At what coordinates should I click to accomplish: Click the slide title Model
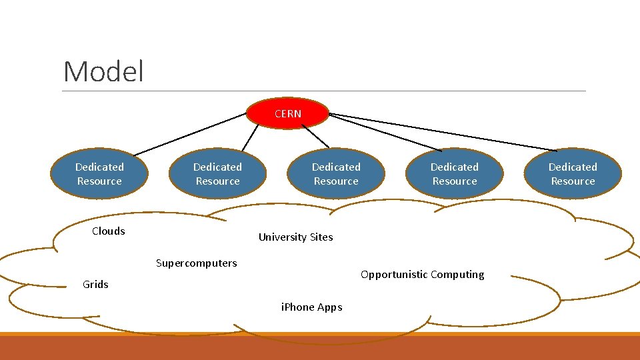pyautogui.click(x=103, y=71)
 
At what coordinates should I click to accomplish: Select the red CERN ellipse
pyautogui.click(x=287, y=113)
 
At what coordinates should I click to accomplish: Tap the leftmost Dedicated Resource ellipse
pyautogui.click(x=99, y=173)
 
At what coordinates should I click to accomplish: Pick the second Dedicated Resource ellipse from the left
pyautogui.click(x=217, y=173)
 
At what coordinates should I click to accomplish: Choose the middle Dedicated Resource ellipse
pyautogui.click(x=336, y=173)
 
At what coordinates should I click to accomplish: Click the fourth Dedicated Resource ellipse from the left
pyautogui.click(x=454, y=173)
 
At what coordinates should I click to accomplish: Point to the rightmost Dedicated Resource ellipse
pyautogui.click(x=573, y=173)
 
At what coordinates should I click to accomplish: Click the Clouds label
pyautogui.click(x=109, y=231)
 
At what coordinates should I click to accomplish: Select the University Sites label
pyautogui.click(x=295, y=237)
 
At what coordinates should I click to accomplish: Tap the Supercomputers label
pyautogui.click(x=196, y=263)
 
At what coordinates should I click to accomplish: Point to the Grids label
pyautogui.click(x=95, y=285)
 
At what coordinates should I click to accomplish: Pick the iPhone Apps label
pyautogui.click(x=311, y=307)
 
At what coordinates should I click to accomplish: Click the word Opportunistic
pyautogui.click(x=394, y=275)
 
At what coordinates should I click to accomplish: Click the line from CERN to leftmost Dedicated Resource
pyautogui.click(x=190, y=134)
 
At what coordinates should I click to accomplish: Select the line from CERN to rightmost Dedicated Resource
pyautogui.click(x=443, y=132)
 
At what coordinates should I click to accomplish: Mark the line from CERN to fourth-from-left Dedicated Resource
pyautogui.click(x=385, y=132)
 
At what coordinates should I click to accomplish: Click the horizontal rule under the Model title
pyautogui.click(x=324, y=91)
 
